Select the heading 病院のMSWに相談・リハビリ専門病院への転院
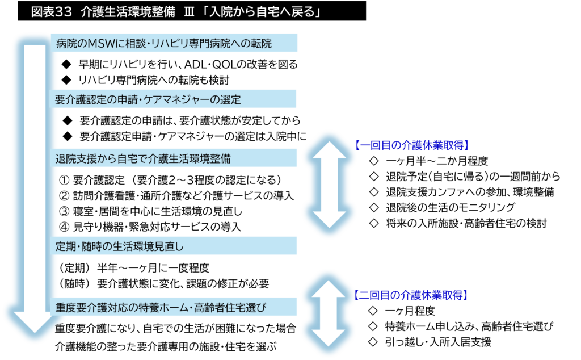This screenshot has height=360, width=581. [164, 44]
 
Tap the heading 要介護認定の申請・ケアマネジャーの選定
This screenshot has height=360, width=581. [148, 99]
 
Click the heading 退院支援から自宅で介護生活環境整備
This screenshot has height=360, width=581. [143, 158]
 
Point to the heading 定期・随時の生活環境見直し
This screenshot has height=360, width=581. [119, 246]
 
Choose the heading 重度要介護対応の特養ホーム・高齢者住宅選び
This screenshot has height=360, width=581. [161, 307]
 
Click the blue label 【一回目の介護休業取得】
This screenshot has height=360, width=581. [411, 145]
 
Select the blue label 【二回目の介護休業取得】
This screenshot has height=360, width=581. [411, 295]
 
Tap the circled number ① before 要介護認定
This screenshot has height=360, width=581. [64, 180]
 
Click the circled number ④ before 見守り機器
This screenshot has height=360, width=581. [64, 227]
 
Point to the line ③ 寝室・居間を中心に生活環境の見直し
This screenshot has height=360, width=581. [150, 211]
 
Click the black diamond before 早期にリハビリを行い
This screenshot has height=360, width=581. [66, 65]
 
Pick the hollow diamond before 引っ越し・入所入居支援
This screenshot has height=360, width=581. [373, 341]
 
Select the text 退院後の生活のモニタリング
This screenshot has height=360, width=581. [450, 207]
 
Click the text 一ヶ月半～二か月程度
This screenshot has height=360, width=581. [437, 161]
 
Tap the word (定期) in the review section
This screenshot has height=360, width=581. [74, 267]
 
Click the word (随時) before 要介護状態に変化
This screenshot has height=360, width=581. [74, 283]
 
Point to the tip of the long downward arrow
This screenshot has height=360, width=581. [35, 333]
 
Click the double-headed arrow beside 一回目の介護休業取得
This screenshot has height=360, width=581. [329, 185]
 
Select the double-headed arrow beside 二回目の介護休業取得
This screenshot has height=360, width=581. [329, 313]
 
